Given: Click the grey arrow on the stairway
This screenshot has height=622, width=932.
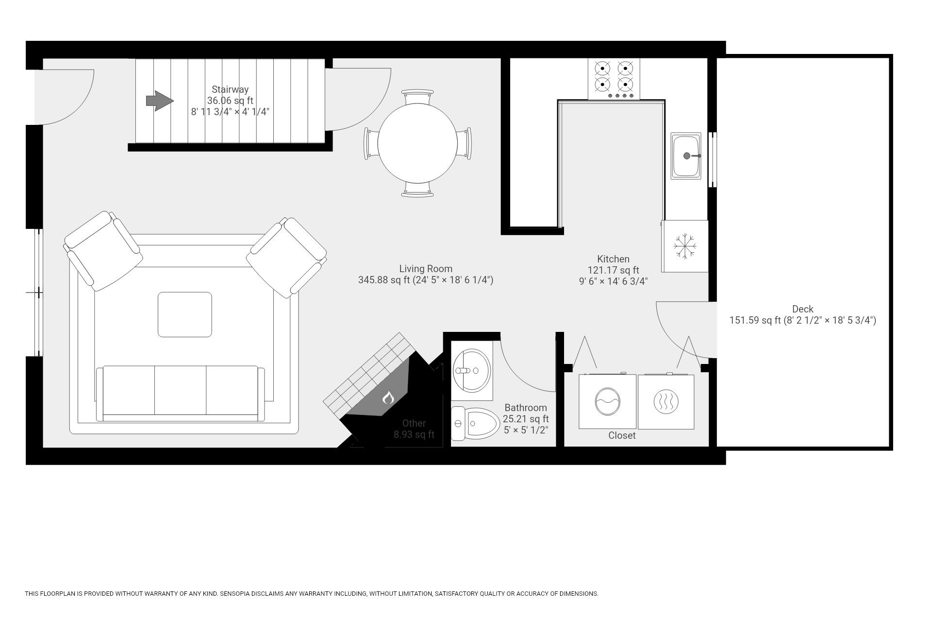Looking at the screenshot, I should pos(159,101).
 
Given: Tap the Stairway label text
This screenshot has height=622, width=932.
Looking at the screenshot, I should pos(230,90).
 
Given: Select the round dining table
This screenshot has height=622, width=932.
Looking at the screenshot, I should pos(417,143).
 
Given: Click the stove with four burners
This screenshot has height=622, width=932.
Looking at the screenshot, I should pos(614,79).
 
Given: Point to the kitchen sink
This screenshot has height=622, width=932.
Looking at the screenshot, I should pos(685,156).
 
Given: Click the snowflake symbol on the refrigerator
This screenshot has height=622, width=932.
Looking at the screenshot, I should pos(685,246).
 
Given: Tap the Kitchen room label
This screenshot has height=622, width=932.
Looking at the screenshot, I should pos(613,259).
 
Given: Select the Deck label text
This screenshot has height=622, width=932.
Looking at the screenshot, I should pos(802,309).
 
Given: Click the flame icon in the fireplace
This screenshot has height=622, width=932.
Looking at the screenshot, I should pos(387,398).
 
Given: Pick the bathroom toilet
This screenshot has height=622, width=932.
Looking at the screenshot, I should pos(477,424).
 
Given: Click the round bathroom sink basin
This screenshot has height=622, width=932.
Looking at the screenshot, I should pos(471,371).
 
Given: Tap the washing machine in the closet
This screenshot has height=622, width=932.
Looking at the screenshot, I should pos(607,401).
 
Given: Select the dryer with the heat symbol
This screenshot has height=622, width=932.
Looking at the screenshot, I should pos(666,401).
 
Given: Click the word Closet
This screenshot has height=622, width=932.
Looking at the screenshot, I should pos(622,435).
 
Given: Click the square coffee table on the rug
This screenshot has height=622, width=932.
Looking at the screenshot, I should pos(184,314).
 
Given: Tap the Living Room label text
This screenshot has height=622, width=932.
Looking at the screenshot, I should pos(426,269).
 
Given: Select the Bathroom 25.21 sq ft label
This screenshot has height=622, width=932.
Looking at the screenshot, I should pos(526,413).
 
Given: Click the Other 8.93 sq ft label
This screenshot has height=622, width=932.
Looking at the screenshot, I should pos(414,429).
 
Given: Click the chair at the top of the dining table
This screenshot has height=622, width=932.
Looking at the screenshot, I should pos(417,97).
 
